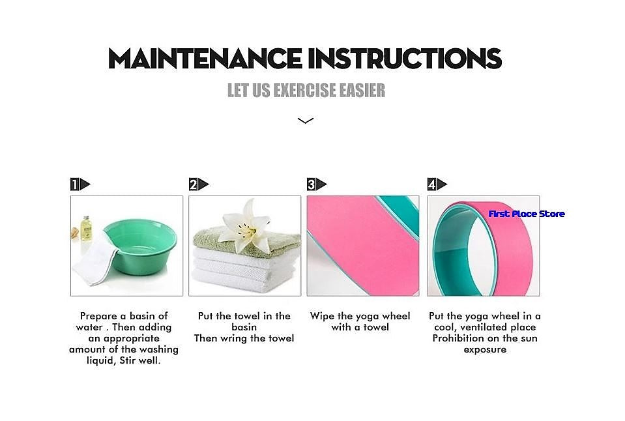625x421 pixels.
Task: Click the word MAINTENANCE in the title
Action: point(205,59)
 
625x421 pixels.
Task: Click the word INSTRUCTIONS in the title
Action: point(405,59)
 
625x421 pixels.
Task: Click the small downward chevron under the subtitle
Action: point(306,121)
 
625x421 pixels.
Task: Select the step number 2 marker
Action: point(199,184)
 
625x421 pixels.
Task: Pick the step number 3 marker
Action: point(317,184)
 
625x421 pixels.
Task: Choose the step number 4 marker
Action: point(437,184)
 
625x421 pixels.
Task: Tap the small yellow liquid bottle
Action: point(85,228)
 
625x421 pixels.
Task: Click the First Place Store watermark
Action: point(527,214)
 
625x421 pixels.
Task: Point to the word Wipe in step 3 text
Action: point(322,316)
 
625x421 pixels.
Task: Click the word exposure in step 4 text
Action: point(485,349)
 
